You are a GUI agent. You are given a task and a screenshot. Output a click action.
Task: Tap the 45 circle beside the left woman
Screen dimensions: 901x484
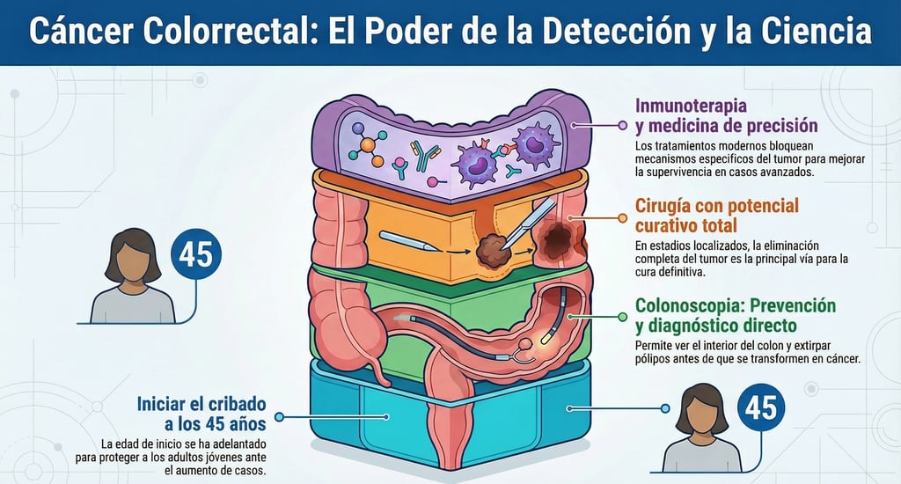pyautogui.click(x=196, y=255)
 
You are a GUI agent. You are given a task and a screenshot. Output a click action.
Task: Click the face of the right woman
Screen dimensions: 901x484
pyautogui.click(x=703, y=413)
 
